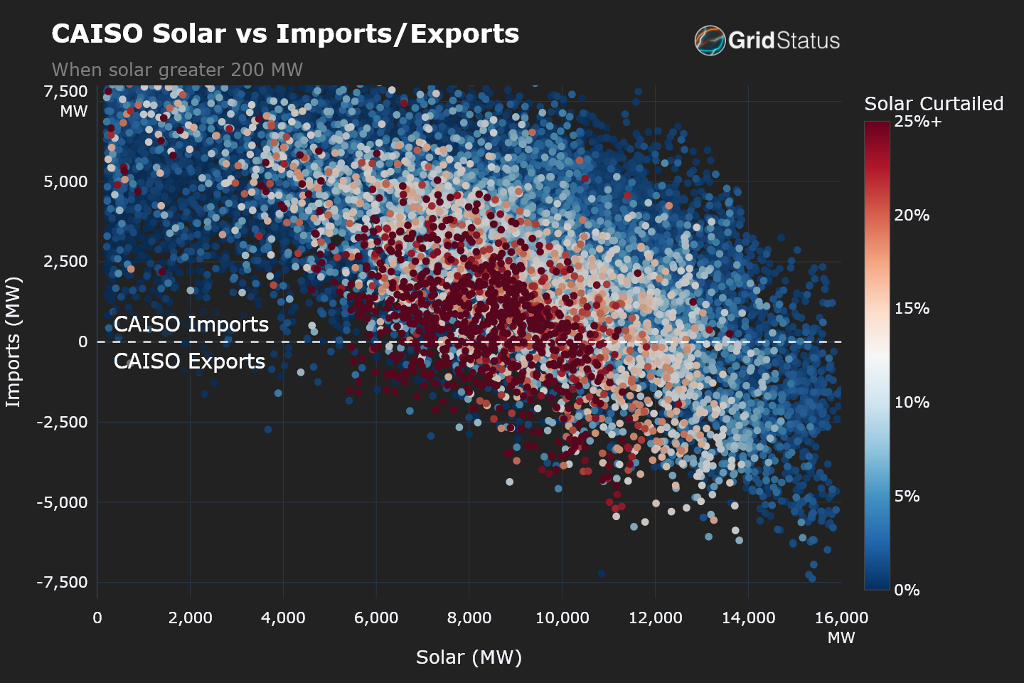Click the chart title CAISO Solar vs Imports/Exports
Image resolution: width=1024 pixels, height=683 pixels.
tap(285, 34)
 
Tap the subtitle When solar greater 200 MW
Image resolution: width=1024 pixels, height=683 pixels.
tap(177, 70)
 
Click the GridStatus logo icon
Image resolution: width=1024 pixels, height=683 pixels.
tap(709, 40)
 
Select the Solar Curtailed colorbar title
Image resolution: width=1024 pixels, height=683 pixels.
tap(933, 104)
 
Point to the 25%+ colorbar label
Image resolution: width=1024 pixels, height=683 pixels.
tap(918, 122)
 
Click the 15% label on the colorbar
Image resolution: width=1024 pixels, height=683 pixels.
tap(912, 309)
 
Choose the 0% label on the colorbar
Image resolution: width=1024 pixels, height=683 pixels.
tap(907, 590)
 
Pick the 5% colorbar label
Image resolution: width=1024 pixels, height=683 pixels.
tap(907, 496)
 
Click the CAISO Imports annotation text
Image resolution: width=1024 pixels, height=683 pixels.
tap(191, 324)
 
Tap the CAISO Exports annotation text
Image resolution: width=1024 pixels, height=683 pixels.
tap(189, 361)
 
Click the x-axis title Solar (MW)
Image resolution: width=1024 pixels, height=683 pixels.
tap(469, 657)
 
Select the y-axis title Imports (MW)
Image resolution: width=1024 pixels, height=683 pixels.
tap(14, 341)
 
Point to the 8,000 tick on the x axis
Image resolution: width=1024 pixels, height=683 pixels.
tap(469, 618)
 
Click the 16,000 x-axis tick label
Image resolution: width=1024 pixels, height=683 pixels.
tap(841, 618)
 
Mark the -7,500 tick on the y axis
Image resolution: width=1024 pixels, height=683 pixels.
tap(63, 582)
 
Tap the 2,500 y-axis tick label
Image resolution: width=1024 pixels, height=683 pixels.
tap(65, 261)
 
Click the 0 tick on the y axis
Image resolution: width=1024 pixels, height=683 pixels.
tap(83, 341)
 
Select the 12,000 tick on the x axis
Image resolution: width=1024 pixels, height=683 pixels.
tap(655, 618)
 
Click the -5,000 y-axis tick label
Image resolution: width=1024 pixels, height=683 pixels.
tap(63, 502)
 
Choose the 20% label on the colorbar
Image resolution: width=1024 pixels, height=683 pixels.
tap(912, 215)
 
